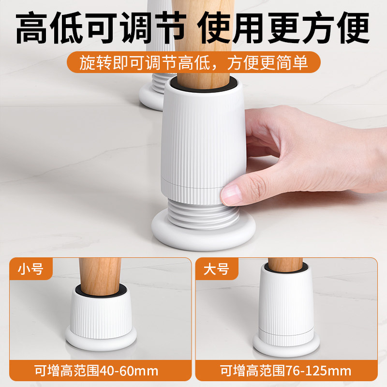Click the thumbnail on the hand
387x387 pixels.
click(233, 194)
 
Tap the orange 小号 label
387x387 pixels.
click(30, 269)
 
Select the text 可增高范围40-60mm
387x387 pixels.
click(96, 371)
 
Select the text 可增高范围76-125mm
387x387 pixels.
click(285, 371)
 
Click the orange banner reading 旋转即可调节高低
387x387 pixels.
click(193, 63)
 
